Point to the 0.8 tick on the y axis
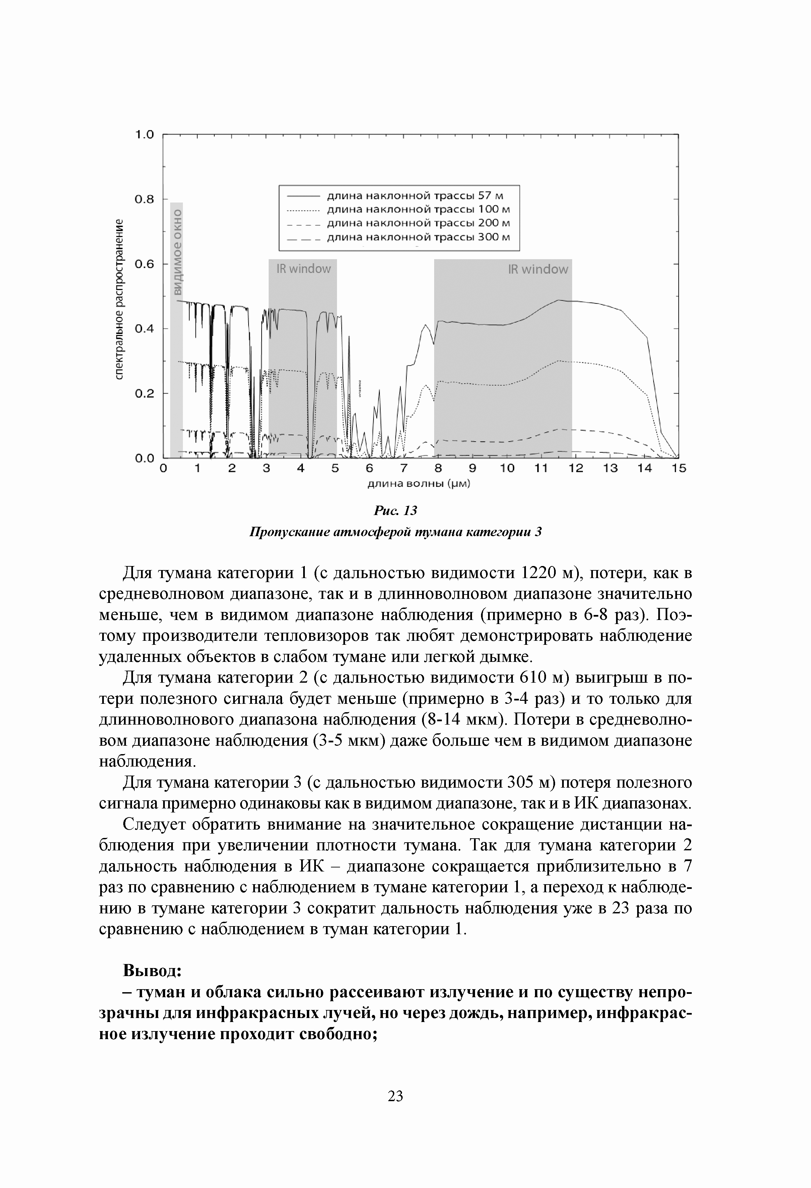point(144,200)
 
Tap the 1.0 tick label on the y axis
point(144,135)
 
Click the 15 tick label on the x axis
point(679,468)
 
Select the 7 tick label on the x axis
point(403,468)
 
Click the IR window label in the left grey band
point(303,269)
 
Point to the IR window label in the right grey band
point(538,269)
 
